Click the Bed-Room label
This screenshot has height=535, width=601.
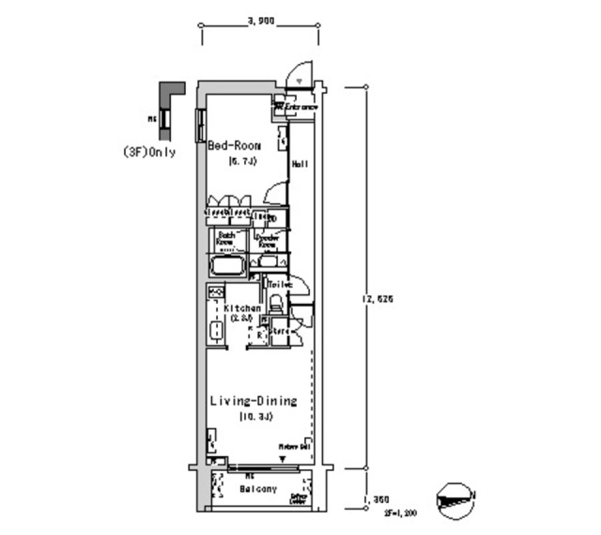pos(234,146)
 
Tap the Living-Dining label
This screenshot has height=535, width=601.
pos(253,401)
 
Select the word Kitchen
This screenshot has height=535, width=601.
pos(242,308)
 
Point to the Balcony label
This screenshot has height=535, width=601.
pos(258,489)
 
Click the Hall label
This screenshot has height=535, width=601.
pos(299,164)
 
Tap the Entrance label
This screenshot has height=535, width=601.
pos(301,108)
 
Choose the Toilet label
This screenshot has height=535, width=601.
pos(279,284)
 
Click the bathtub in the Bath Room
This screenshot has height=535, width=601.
pos(227,267)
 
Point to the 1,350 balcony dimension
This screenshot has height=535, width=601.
pos(376,499)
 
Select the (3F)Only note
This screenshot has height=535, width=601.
pos(149,152)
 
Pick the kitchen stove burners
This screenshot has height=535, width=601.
pos(216,293)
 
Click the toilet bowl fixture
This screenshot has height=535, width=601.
pos(275,306)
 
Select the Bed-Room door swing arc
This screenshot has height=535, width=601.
pos(274,194)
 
